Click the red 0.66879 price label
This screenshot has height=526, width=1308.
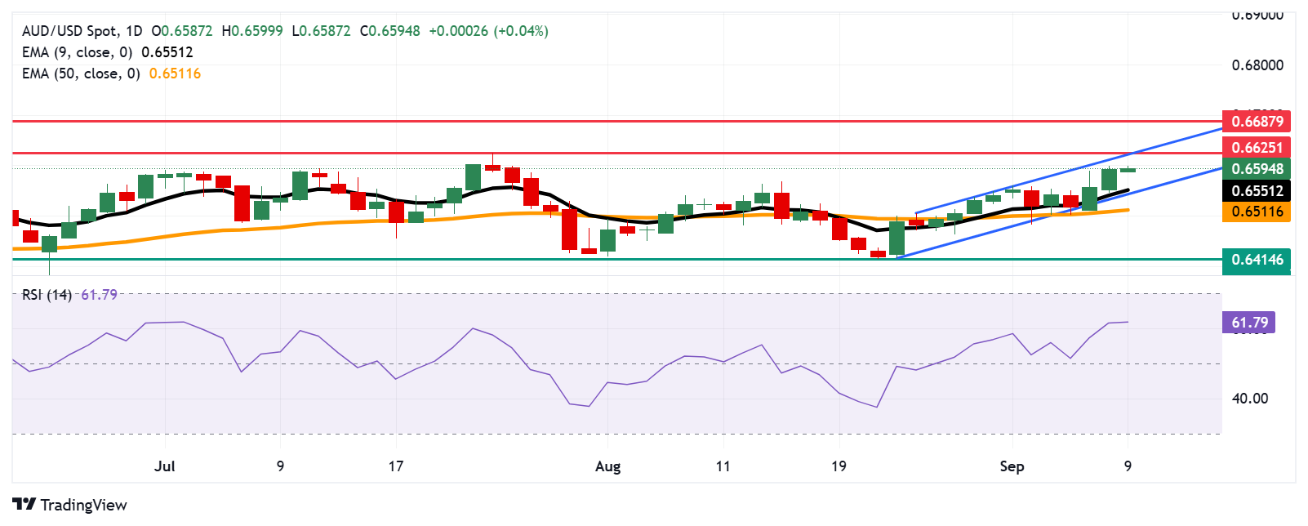point(1257,122)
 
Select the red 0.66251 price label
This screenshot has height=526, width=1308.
point(1257,148)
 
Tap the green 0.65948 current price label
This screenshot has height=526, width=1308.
point(1257,169)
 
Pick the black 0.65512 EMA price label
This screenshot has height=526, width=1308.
point(1257,191)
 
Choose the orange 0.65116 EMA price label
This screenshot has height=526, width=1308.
point(1257,212)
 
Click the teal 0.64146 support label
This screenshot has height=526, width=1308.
point(1257,260)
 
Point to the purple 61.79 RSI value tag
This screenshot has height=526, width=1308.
point(1248,323)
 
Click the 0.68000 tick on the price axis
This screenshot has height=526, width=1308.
point(1257,65)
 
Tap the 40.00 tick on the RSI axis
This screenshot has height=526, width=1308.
point(1250,399)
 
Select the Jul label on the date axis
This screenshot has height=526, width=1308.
point(165,466)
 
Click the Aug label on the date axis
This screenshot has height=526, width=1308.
point(607,466)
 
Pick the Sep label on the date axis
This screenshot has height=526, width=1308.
point(1012,466)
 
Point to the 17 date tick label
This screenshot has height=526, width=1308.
point(396,466)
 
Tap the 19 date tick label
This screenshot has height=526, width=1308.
point(839,466)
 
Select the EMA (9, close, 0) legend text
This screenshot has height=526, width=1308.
point(77,52)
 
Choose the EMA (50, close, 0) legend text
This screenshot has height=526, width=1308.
point(81,74)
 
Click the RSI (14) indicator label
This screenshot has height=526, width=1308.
point(47,295)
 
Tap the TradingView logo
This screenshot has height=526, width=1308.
point(70,505)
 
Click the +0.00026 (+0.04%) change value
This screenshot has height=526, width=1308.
point(488,31)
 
